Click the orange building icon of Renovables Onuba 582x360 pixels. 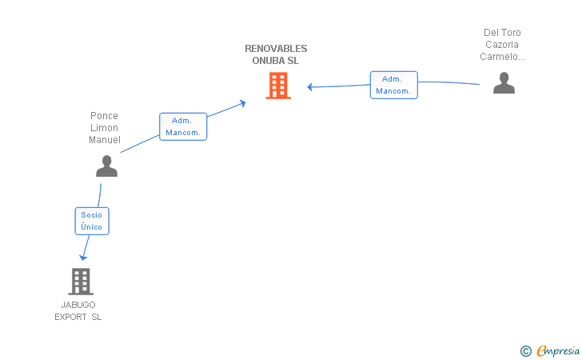277,86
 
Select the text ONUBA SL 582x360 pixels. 276,61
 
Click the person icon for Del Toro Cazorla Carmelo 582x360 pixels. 504,83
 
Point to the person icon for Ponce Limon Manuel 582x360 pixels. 106,166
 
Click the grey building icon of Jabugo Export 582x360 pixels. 80,281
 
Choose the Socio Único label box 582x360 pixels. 92,221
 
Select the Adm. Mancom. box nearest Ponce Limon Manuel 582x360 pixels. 183,126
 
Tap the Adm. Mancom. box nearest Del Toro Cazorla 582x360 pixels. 393,85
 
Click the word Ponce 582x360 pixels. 104,116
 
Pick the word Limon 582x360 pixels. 104,128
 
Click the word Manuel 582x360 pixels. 104,140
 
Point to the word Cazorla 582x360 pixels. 502,45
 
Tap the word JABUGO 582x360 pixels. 78,305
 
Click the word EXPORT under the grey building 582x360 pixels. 71,317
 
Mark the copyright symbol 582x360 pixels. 525,350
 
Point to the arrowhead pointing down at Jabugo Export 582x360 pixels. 82,257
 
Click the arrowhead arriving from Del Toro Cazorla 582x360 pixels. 310,87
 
